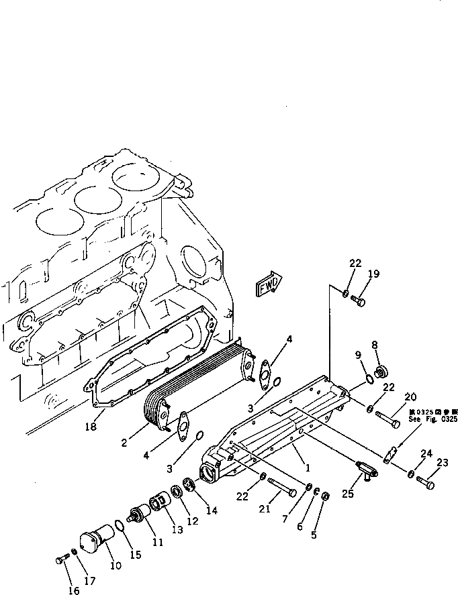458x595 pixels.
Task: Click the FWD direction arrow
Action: point(270,284)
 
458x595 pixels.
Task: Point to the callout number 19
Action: point(373,274)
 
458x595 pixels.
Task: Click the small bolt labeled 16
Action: point(62,559)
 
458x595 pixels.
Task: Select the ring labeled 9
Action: point(367,381)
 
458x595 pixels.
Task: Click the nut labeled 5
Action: point(324,496)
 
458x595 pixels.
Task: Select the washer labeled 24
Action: point(410,474)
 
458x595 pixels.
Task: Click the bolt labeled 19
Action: point(357,302)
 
